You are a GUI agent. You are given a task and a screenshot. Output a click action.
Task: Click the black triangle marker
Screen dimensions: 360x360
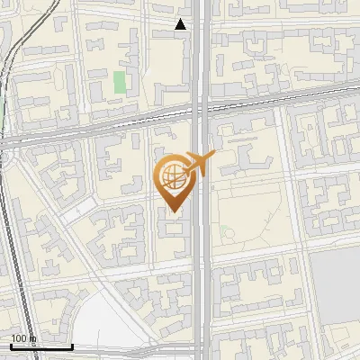click(x=181, y=24)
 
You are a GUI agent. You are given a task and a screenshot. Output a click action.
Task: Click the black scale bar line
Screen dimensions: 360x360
click(x=41, y=346)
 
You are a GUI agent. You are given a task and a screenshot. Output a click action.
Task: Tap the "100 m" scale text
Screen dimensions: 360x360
click(x=22, y=338)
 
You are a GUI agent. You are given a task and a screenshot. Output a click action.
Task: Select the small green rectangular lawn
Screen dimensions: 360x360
click(x=120, y=83)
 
